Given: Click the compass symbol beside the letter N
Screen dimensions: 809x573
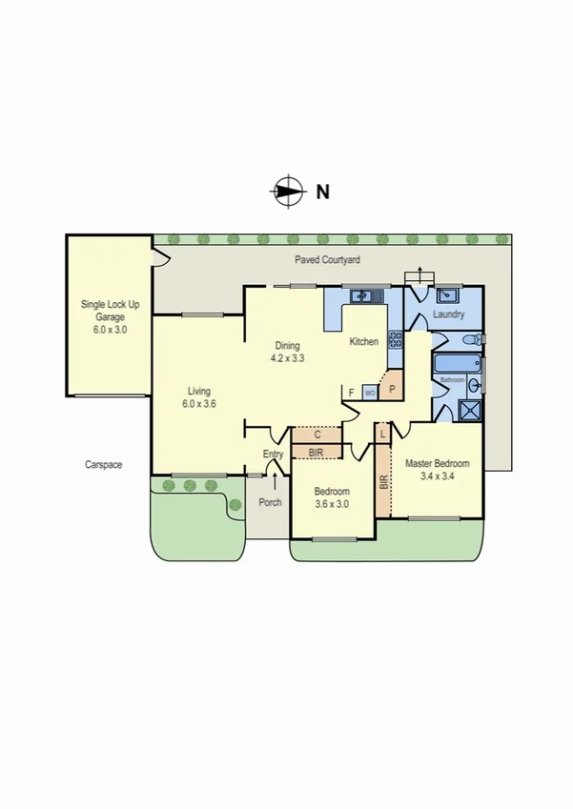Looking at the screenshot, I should click(x=287, y=191).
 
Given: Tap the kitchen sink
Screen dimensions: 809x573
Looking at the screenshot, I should click(x=363, y=296).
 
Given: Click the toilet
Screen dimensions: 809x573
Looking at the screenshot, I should click(x=471, y=340).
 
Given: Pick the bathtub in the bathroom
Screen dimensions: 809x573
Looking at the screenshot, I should click(x=456, y=365).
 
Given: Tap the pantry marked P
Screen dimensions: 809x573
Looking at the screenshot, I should click(x=391, y=389).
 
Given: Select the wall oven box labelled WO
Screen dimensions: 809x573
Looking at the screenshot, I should click(x=369, y=392).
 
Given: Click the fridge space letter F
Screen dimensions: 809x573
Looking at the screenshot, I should click(x=351, y=392).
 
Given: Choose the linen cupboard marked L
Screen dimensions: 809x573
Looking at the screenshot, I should click(x=382, y=434).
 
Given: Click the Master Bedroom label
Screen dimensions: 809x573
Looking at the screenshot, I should click(x=437, y=464).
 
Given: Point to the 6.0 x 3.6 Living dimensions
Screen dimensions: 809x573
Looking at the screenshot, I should click(x=198, y=403).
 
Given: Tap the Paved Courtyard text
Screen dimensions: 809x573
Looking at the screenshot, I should click(x=326, y=259).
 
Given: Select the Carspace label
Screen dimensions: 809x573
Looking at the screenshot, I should click(x=103, y=465).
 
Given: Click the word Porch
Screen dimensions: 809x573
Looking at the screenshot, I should click(x=270, y=502).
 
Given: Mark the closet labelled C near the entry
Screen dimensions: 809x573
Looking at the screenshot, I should click(x=317, y=435).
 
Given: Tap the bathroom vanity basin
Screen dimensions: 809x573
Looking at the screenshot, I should click(x=473, y=385).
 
